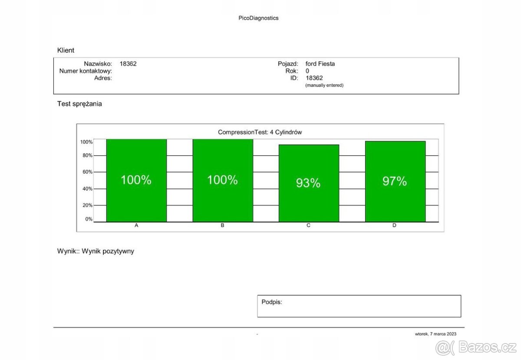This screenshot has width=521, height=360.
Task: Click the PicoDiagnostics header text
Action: [x=258, y=18]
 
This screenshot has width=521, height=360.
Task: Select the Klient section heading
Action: [x=66, y=50]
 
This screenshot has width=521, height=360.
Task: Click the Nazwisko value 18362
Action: [x=128, y=64]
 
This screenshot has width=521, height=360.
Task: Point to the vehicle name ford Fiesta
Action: [x=320, y=64]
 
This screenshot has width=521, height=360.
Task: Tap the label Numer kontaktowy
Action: [x=86, y=71]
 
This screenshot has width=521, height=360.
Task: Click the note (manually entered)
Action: [x=324, y=86]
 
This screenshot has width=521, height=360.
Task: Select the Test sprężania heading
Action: [x=79, y=104]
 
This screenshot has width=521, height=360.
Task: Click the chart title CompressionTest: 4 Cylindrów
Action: [x=260, y=132]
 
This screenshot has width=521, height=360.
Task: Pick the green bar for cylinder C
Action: [x=308, y=204]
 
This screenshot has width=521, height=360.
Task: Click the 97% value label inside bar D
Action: [x=394, y=182]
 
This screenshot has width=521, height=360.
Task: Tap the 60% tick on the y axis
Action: [x=87, y=172]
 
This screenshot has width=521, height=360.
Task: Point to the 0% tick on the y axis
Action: [x=89, y=219]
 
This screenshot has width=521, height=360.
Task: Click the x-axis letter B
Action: [x=222, y=226]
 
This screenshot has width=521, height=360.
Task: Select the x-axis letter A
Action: [x=136, y=226]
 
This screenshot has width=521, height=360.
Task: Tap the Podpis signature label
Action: [x=271, y=301]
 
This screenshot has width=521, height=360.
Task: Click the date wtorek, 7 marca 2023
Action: [x=435, y=334]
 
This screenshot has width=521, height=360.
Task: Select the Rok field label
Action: [x=292, y=71]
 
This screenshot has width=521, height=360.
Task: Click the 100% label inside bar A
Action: [x=136, y=180]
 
